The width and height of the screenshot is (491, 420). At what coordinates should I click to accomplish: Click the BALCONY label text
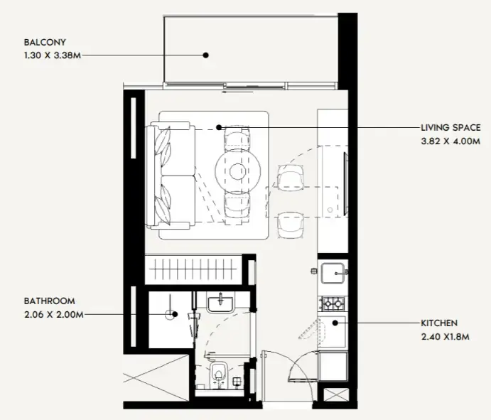pos(45,42)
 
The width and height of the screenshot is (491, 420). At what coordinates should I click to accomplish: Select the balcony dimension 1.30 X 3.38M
pos(53,55)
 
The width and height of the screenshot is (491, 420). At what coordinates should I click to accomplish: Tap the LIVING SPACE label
pos(450,128)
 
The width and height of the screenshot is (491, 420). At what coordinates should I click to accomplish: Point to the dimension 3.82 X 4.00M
pos(450,141)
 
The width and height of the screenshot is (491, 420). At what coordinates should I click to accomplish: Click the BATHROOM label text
pos(50,301)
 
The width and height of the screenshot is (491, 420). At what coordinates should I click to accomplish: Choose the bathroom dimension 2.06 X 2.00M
pos(54,314)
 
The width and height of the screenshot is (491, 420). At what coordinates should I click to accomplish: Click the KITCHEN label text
pos(439,323)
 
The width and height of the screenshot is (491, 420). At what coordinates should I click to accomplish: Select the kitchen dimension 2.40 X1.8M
pos(445,337)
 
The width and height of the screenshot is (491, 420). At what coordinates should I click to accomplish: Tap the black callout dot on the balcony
pos(206,55)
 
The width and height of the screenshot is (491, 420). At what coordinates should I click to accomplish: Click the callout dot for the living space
pos(219,127)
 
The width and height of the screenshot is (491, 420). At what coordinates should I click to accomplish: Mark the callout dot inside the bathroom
pos(175,314)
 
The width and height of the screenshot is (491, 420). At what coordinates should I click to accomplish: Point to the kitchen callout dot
pos(335,323)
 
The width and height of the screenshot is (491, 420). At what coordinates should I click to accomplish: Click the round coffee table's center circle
pos(237,171)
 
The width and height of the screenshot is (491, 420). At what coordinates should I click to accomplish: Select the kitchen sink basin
pos(333,273)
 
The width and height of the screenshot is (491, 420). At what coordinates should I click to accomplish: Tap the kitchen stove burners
pos(333,303)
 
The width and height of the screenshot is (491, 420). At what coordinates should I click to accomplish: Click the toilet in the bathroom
pos(219,374)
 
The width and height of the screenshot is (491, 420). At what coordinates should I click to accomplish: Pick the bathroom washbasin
pos(220,302)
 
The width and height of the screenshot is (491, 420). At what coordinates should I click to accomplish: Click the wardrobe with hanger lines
pos(193,269)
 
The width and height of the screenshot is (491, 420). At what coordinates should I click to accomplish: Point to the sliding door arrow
pos(237,92)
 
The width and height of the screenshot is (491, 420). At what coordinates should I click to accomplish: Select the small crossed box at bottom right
pos(336,394)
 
